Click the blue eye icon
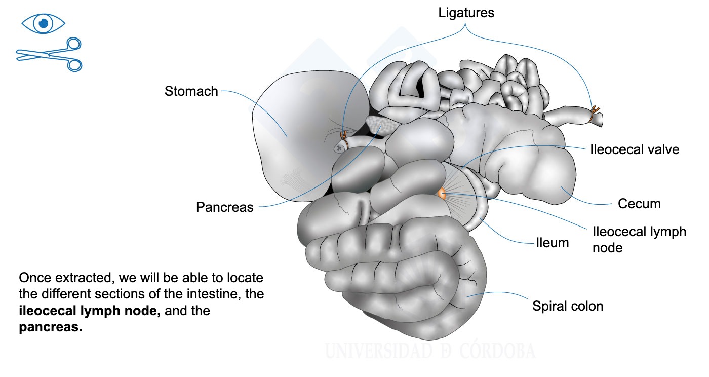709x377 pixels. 44,23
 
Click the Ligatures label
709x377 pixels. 466,13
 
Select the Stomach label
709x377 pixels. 191,91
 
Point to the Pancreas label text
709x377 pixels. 225,207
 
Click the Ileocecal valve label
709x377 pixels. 635,149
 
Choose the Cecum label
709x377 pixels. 639,204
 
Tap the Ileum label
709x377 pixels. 553,243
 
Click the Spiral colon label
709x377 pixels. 568,306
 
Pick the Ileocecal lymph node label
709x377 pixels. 639,240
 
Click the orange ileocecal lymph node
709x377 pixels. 442,194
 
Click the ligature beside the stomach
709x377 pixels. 344,139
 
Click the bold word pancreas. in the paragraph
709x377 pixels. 51,327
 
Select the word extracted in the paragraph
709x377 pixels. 84,278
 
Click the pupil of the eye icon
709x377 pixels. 44,23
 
